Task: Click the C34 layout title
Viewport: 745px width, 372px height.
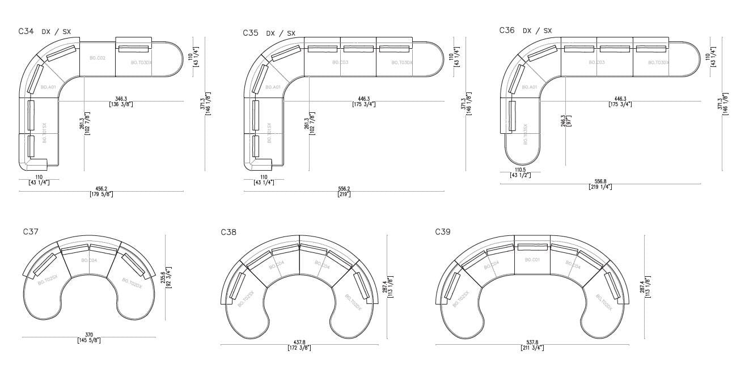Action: (26, 32)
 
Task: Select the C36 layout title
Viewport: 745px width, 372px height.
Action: (507, 30)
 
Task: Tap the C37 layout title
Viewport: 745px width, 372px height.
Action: (31, 231)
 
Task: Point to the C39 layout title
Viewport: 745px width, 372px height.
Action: (443, 231)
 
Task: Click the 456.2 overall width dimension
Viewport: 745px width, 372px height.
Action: (101, 188)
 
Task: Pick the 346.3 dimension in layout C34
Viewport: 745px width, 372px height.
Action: (121, 99)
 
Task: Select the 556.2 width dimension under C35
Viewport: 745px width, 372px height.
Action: (344, 188)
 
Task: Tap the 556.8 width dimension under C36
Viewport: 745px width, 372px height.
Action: (600, 181)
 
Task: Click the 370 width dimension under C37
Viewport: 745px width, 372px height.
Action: (88, 335)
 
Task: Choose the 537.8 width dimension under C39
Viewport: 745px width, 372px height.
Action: (532, 342)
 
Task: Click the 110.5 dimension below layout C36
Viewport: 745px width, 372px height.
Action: (520, 170)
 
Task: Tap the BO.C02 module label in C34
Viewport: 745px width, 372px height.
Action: (98, 58)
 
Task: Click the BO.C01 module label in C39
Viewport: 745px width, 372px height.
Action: (532, 260)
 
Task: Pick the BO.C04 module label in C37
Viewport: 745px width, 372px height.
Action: (89, 260)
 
